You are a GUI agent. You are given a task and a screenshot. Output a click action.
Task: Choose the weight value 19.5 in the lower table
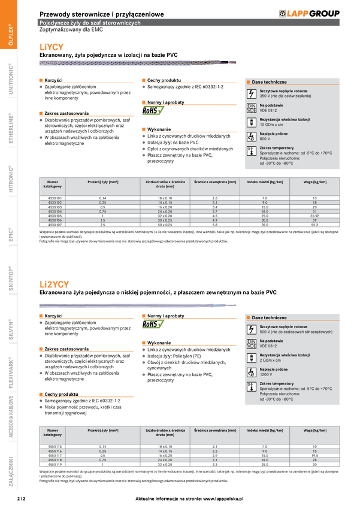click(x=314, y=456)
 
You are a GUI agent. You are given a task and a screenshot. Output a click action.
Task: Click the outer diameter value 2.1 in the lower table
click(x=215, y=447)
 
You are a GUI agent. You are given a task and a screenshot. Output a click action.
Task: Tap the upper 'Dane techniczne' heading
click(x=269, y=82)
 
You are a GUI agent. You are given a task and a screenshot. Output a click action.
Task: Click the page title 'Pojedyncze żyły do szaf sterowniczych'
click(x=89, y=22)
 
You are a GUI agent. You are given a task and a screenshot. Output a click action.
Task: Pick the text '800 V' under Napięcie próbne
click(x=265, y=138)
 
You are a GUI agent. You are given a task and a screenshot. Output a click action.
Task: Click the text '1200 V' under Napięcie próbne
click(x=267, y=374)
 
